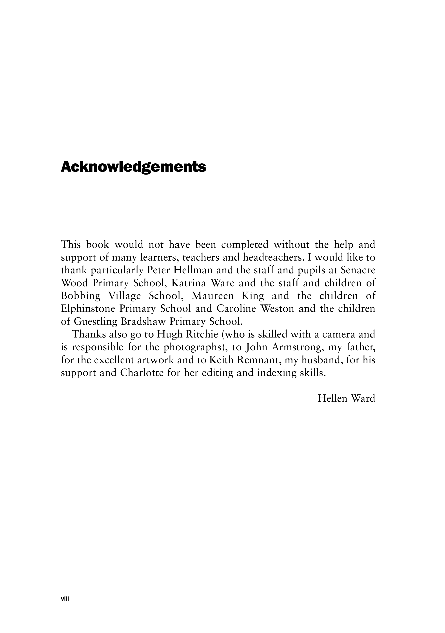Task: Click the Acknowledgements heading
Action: [133, 167]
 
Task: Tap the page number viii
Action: [65, 598]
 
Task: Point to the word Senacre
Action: [358, 270]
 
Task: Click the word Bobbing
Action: [80, 296]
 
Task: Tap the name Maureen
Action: [213, 296]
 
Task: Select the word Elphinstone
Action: [88, 308]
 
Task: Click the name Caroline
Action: [236, 308]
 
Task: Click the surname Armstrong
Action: [297, 347]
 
